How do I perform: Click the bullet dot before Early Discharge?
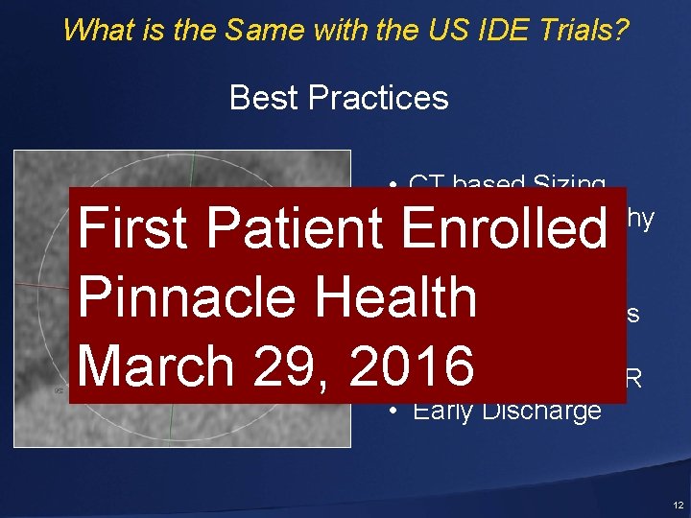tap(394, 412)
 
